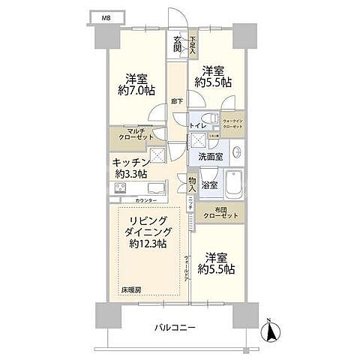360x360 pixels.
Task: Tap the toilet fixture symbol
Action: [214, 121]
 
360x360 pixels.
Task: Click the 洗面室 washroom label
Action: [210, 157]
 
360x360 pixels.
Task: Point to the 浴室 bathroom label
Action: [209, 184]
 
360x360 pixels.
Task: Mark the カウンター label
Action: [146, 201]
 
